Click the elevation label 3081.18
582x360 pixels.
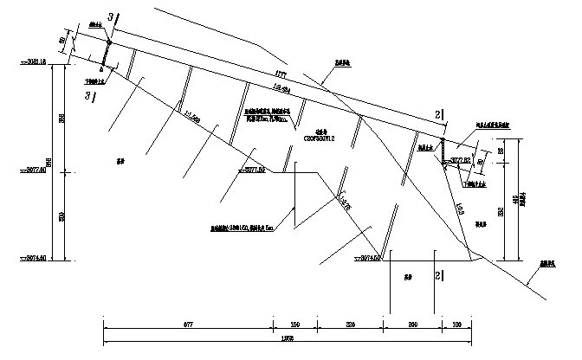(x=33, y=62)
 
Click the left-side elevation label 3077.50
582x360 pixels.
(x=33, y=171)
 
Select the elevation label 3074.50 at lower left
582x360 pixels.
(x=33, y=259)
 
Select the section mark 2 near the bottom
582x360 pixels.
(x=438, y=275)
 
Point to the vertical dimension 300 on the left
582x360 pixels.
(x=60, y=215)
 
